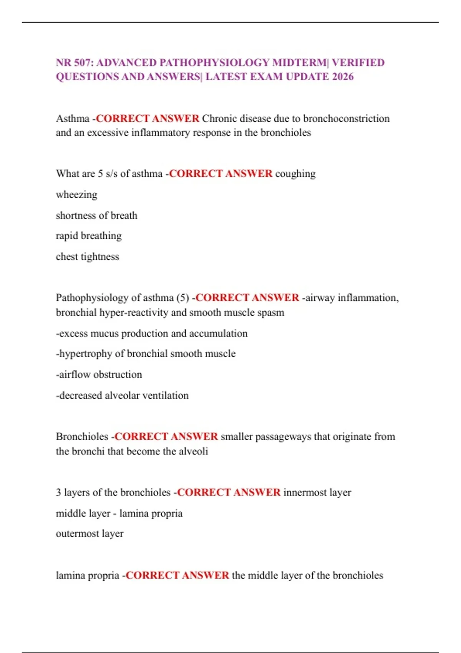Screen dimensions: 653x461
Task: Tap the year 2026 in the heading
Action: pos(343,77)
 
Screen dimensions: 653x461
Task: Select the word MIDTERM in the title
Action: pos(300,63)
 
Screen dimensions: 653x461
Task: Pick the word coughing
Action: pos(295,174)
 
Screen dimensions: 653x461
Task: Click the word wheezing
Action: pos(76,195)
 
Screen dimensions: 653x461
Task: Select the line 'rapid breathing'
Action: pos(89,235)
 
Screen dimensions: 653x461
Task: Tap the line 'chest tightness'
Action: pos(88,257)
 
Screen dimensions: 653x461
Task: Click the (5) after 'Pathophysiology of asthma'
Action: pos(183,298)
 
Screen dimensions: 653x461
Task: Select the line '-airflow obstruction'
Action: pos(99,375)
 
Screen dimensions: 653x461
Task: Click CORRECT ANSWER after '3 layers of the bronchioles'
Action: pos(229,492)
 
